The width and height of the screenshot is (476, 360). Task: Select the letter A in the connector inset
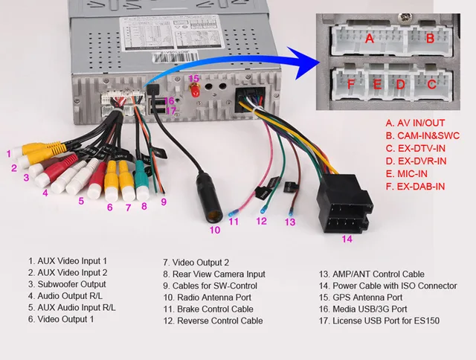[x=370, y=38]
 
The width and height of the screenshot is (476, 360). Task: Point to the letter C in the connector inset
[x=431, y=84]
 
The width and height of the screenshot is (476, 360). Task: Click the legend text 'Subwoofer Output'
[x=66, y=285]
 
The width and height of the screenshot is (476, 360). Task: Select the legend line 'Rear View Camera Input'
[x=213, y=274]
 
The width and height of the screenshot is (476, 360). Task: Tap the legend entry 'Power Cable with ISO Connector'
[x=387, y=286]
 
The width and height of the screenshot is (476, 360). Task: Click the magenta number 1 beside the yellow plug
[x=9, y=154]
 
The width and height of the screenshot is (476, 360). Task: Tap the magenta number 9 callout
[x=163, y=202]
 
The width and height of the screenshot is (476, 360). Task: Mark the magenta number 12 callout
[x=261, y=221]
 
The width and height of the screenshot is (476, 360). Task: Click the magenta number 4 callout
[x=45, y=193]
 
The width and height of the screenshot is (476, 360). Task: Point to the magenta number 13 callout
[x=290, y=222]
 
